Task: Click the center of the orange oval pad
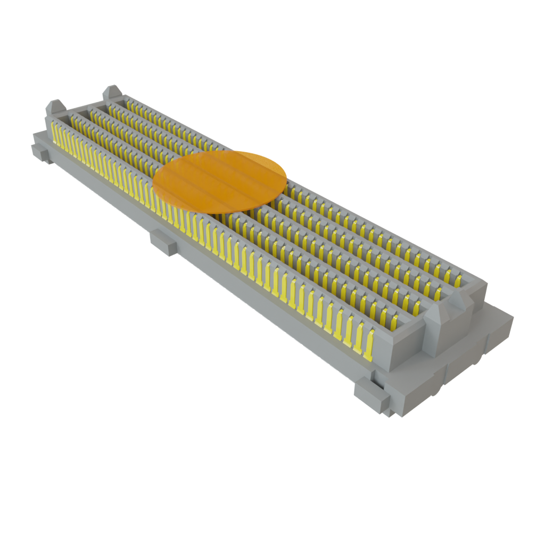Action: (220, 181)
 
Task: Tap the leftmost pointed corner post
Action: (55, 108)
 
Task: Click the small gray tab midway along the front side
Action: (163, 243)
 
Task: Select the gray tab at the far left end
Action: (40, 150)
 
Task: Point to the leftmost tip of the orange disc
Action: (153, 187)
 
